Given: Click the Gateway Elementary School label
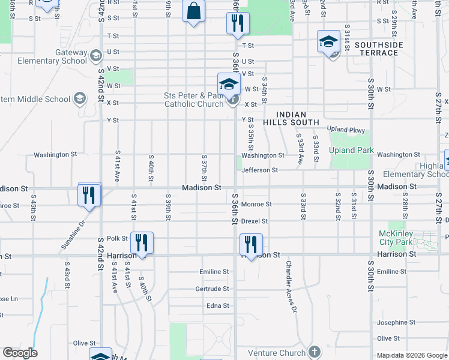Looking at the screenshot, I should click(x=44, y=56).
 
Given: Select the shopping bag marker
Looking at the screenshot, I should click(x=194, y=11).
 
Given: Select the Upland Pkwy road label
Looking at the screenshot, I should click(x=346, y=129).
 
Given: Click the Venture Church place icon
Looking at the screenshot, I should click(x=313, y=352).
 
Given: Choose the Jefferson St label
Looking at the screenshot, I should click(x=259, y=170).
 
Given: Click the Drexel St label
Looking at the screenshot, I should click(x=254, y=221).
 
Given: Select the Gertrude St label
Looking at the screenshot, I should click(x=212, y=289).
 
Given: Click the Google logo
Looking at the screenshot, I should click(x=20, y=353).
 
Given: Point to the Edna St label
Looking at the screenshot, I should click(x=217, y=306).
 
